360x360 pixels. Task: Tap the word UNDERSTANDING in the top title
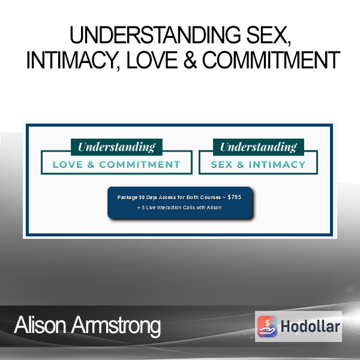[155, 35]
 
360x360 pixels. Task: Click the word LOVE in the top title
[152, 60]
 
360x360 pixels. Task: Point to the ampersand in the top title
[190, 60]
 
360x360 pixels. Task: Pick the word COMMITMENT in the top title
[271, 60]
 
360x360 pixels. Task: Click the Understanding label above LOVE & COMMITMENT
[116, 147]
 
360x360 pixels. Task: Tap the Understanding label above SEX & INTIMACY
[259, 147]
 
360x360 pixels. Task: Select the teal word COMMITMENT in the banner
[140, 164]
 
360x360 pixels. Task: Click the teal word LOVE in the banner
[68, 164]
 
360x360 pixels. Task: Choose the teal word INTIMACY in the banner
[277, 164]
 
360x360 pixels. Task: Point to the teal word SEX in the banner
[222, 164]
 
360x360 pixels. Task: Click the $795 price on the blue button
[235, 197]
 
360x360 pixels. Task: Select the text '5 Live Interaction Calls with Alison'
[182, 208]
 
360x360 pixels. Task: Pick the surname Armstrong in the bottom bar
[116, 326]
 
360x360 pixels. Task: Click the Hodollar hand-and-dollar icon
[267, 326]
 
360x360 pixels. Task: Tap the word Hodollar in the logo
[310, 326]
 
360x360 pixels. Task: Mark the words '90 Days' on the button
[148, 197]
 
